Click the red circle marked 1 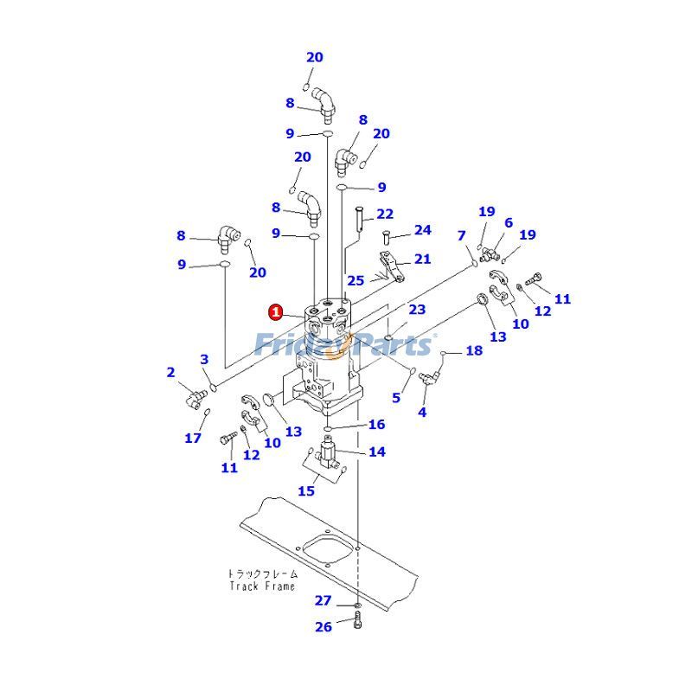275,311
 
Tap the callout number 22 385,215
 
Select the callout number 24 422,230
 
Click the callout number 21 422,259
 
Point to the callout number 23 418,310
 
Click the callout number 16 376,425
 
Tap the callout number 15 306,490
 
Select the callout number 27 323,600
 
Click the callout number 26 323,626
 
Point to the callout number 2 171,373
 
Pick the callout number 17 193,438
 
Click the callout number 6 509,223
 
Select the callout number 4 422,413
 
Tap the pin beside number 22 358,215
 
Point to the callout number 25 356,281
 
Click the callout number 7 462,235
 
